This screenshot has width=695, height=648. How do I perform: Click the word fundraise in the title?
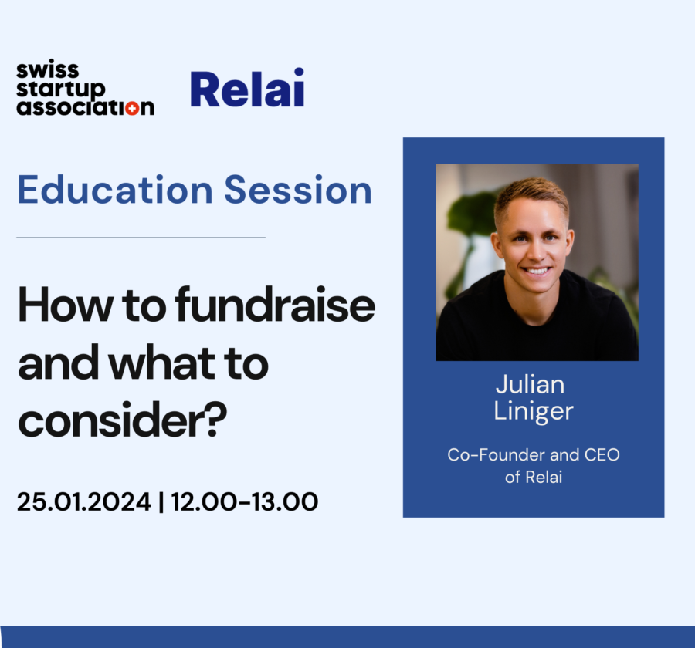[x=275, y=306]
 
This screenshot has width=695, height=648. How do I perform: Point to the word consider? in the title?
[x=123, y=420]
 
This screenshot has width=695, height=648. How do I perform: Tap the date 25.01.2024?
[x=83, y=502]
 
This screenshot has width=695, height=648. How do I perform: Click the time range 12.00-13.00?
[x=245, y=502]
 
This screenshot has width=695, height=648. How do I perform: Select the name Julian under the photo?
[x=533, y=384]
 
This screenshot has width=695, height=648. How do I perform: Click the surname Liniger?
[x=533, y=410]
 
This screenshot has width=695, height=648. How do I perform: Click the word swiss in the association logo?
[x=47, y=71]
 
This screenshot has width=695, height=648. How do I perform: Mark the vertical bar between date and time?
[x=161, y=502]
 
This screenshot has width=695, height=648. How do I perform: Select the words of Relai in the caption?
[x=533, y=477]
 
